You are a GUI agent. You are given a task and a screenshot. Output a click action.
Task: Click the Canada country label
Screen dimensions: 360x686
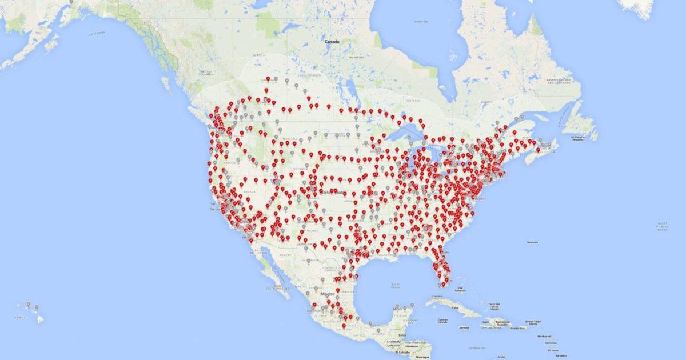tap(332, 42)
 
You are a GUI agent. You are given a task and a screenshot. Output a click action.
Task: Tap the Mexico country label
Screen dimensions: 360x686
tap(327, 293)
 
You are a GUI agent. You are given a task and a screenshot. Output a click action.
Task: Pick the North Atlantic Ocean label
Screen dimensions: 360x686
tap(662, 226)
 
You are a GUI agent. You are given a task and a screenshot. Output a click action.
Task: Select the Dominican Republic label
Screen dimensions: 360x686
tap(495, 323)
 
